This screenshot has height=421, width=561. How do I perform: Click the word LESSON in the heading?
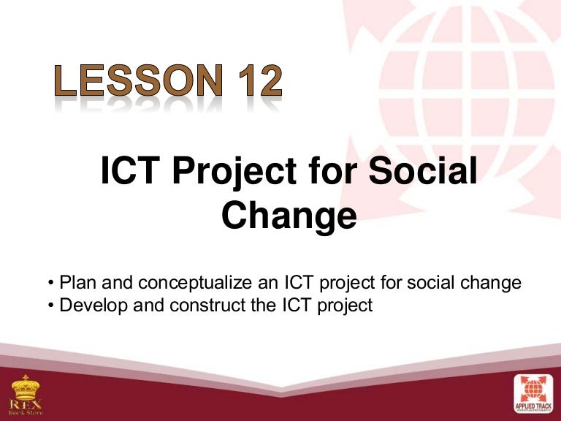click(135, 82)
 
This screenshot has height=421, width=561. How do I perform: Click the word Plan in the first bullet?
click(76, 282)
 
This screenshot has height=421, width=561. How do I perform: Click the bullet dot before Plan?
click(50, 283)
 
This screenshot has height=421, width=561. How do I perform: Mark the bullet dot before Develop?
click(50, 305)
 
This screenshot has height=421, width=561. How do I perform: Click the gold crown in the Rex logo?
click(25, 387)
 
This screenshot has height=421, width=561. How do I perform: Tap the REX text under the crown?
click(25, 404)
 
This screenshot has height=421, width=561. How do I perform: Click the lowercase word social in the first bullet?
click(443, 282)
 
